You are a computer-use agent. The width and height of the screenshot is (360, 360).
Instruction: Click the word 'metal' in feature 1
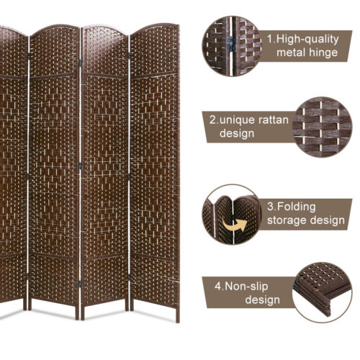287,53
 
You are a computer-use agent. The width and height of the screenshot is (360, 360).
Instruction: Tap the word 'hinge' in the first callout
320,53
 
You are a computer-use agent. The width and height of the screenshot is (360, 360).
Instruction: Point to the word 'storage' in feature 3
288,221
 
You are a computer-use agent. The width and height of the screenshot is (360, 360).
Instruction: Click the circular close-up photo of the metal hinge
231,44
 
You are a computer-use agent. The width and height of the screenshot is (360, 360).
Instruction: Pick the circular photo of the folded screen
232,214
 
